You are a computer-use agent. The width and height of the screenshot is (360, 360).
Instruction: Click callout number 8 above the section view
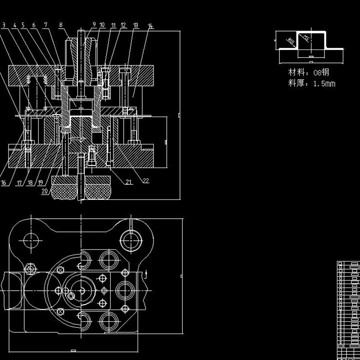tap(61, 26)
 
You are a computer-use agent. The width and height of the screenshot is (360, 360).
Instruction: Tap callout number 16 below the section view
tap(4, 183)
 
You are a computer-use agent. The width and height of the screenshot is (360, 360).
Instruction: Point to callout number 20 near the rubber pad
tap(45, 191)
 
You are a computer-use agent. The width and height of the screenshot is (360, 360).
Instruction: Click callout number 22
tap(145, 181)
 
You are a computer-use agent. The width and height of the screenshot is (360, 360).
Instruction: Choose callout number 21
tap(129, 182)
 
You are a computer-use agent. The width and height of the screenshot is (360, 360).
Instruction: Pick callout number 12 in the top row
tap(123, 26)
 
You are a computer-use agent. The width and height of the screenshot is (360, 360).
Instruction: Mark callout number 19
tap(40, 183)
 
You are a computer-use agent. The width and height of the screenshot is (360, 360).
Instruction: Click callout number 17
tap(19, 183)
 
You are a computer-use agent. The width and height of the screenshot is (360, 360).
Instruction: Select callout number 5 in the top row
tap(23, 26)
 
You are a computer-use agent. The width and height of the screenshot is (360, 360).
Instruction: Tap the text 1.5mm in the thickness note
tap(324, 83)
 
